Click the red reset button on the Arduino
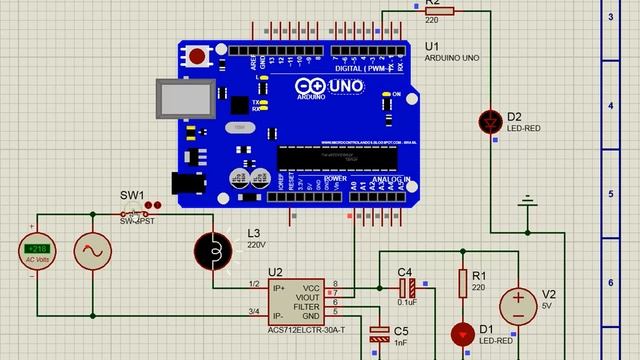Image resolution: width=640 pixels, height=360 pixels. click(x=198, y=56)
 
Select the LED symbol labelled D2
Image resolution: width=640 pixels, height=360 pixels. click(x=490, y=121)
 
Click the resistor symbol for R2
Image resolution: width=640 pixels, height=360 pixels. click(x=439, y=11)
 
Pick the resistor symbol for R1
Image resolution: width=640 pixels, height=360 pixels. click(x=463, y=284)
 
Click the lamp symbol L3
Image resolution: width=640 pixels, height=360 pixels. click(x=212, y=251)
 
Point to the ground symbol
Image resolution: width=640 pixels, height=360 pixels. click(x=527, y=206)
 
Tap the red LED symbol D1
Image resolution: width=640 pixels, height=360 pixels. click(x=463, y=333)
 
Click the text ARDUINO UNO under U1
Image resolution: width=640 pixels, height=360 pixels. click(x=452, y=59)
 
